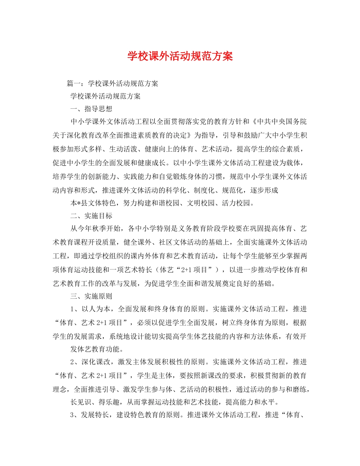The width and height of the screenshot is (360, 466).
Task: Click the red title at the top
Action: point(180,56)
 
